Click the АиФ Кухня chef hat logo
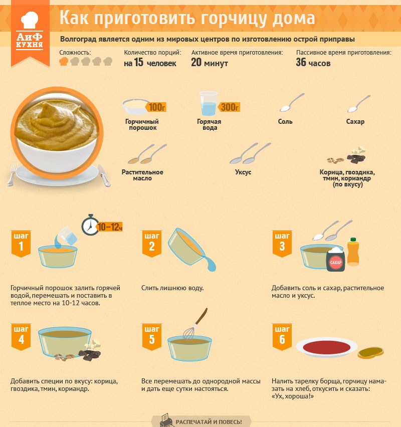click(30, 20)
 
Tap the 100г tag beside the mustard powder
click(156, 107)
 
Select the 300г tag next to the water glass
click(229, 107)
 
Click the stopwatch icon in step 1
click(90, 225)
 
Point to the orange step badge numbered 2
click(152, 244)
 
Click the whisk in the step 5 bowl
click(195, 324)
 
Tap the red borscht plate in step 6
click(327, 347)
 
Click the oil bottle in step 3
click(353, 252)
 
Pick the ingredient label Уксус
click(243, 172)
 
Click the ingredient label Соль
click(285, 121)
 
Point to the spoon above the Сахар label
click(359, 104)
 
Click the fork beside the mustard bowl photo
click(12, 174)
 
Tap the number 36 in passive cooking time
click(301, 62)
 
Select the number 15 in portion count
click(139, 62)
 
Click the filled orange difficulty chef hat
click(64, 61)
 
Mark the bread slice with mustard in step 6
click(370, 353)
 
